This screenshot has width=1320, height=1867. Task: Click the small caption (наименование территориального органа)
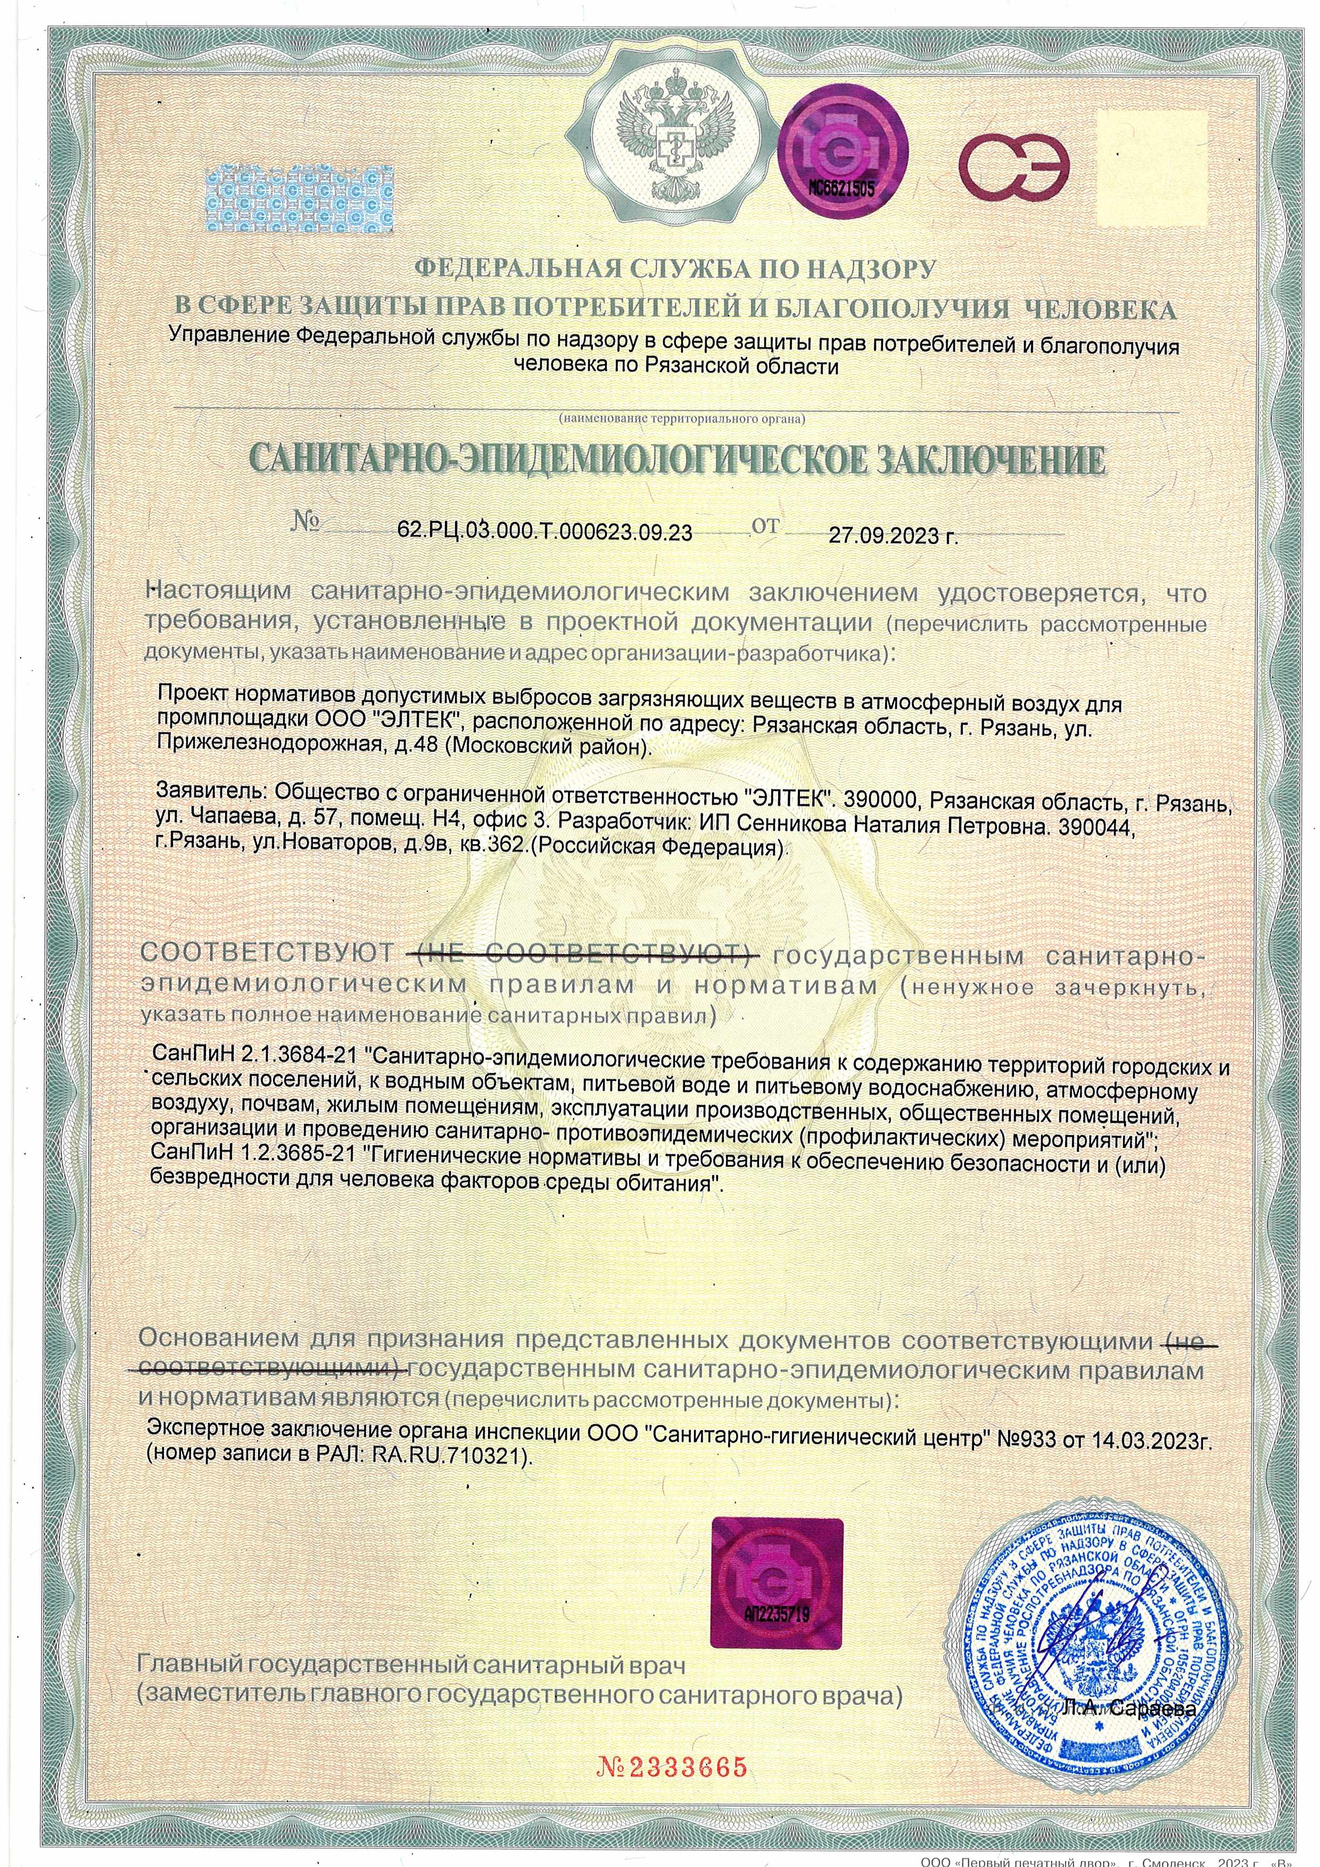(x=681, y=419)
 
